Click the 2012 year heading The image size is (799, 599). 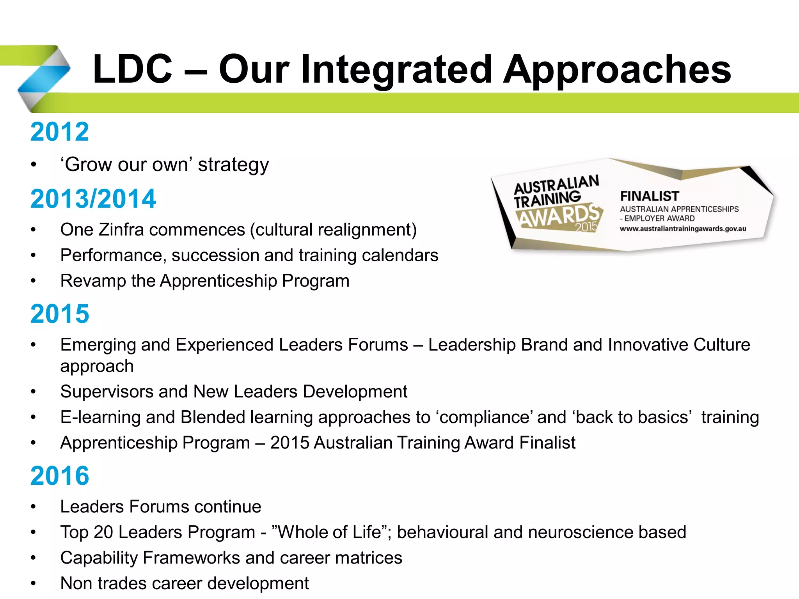(x=60, y=132)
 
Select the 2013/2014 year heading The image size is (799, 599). (x=93, y=199)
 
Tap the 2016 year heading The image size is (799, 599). (x=60, y=476)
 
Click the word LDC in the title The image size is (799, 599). (x=132, y=69)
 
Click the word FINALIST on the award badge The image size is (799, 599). (x=649, y=196)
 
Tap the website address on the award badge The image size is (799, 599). (x=683, y=229)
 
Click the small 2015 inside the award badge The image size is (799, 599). (x=586, y=227)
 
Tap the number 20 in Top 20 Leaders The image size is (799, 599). (x=103, y=532)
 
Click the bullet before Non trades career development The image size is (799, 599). (x=34, y=584)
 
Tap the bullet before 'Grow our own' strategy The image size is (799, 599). (x=34, y=165)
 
